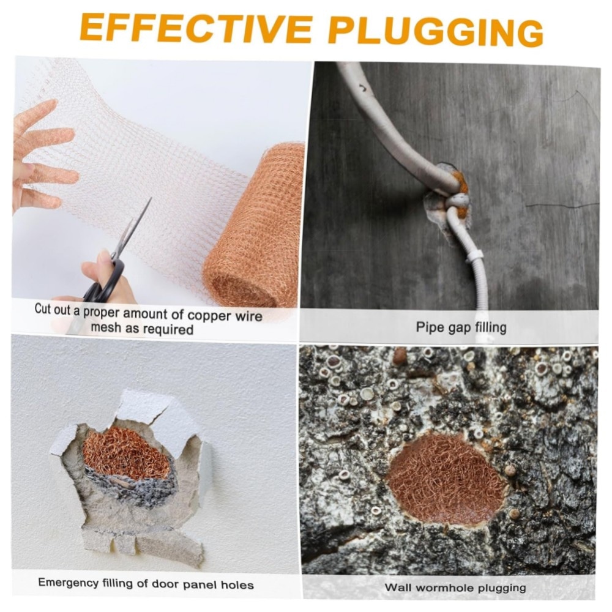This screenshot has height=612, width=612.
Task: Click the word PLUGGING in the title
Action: click(436, 29)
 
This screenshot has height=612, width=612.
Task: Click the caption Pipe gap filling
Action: click(461, 327)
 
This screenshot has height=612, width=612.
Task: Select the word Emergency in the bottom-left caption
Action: click(69, 583)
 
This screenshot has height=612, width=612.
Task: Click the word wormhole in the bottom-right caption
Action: click(444, 588)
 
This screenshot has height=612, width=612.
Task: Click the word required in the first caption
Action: click(170, 329)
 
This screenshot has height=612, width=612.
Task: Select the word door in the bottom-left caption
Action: click(165, 584)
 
